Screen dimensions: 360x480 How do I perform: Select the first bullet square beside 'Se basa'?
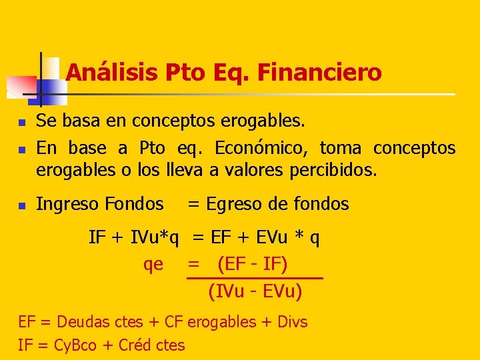pyautogui.click(x=21, y=123)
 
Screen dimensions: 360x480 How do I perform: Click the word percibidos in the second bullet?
pyautogui.click(x=333, y=170)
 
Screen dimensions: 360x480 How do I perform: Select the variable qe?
pyautogui.click(x=153, y=265)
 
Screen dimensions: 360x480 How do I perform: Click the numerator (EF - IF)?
pyautogui.click(x=253, y=265)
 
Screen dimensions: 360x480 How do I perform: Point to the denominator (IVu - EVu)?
pyautogui.click(x=255, y=291)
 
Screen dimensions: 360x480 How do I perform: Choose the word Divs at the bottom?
pyautogui.click(x=292, y=322)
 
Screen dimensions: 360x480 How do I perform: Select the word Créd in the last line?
pyautogui.click(x=135, y=345)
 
